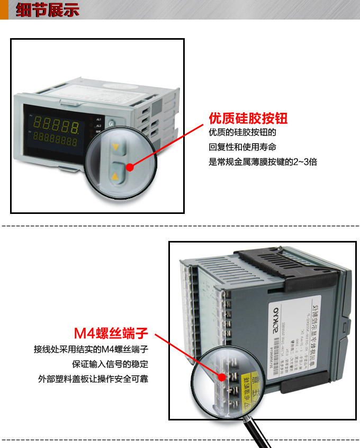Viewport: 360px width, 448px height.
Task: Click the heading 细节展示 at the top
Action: click(x=47, y=10)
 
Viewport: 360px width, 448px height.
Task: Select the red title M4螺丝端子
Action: click(x=111, y=333)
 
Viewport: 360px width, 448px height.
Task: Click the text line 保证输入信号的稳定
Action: click(x=110, y=364)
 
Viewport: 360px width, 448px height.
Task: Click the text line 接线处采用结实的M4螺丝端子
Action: click(x=91, y=350)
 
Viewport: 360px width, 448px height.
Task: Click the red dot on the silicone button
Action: click(x=130, y=167)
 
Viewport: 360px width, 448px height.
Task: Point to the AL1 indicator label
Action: click(x=98, y=119)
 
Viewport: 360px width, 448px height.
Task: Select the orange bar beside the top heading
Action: click(x=4, y=10)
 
